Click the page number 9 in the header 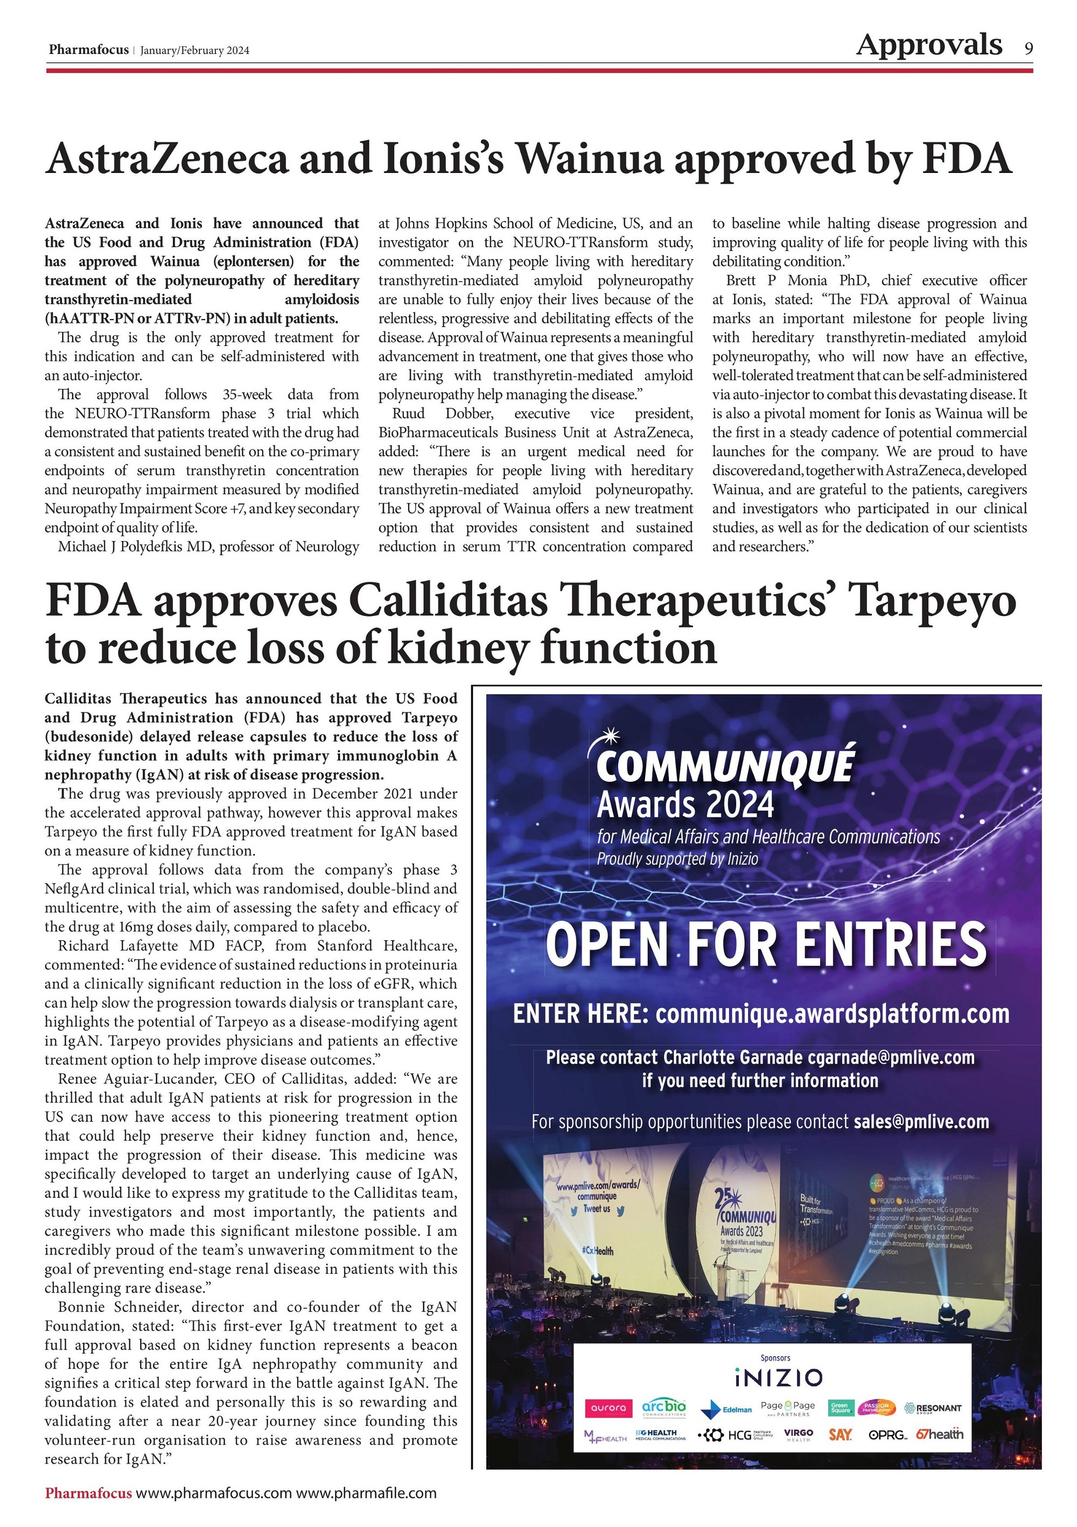1029,48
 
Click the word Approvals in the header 929,45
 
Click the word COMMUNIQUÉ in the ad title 725,766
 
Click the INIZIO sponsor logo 779,1377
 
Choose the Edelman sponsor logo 728,1410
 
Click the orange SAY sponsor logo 840,1435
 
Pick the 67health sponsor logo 938,1434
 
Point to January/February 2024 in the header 195,51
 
